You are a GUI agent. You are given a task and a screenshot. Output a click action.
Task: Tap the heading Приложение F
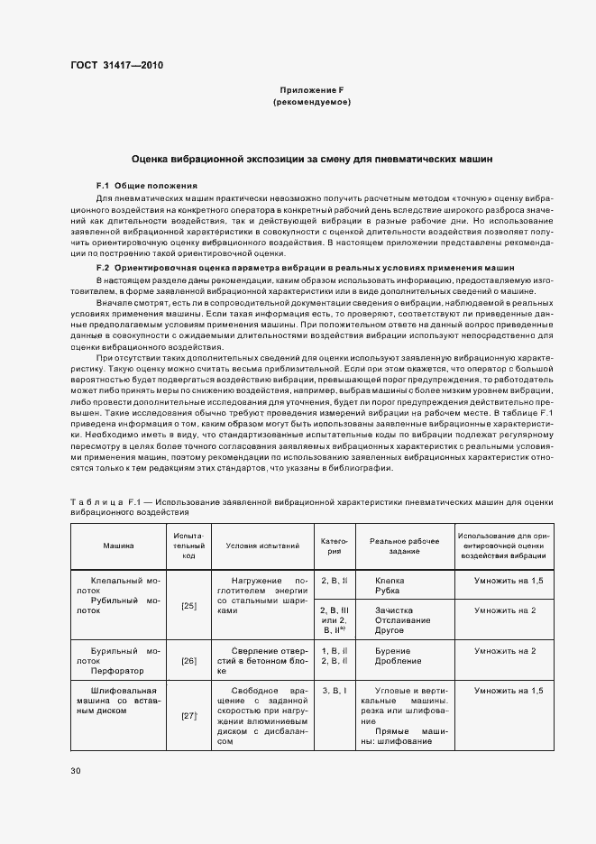tap(311, 90)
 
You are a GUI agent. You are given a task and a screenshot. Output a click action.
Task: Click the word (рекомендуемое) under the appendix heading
tap(311, 102)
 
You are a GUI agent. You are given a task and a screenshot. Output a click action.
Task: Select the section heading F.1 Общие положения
tap(146, 185)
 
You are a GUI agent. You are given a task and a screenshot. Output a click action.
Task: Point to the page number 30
tap(76, 771)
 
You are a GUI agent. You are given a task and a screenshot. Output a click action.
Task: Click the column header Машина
tap(118, 546)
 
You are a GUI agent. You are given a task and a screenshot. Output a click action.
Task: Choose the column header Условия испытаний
tap(262, 546)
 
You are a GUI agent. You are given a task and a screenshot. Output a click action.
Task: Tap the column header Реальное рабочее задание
tap(405, 546)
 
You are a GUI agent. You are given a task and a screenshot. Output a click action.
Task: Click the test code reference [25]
tap(189, 606)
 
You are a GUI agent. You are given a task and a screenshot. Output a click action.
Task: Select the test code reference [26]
tap(189, 661)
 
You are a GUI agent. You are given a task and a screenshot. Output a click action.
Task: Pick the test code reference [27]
tap(189, 715)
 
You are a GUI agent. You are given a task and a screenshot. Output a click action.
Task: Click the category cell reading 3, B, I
tap(334, 690)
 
